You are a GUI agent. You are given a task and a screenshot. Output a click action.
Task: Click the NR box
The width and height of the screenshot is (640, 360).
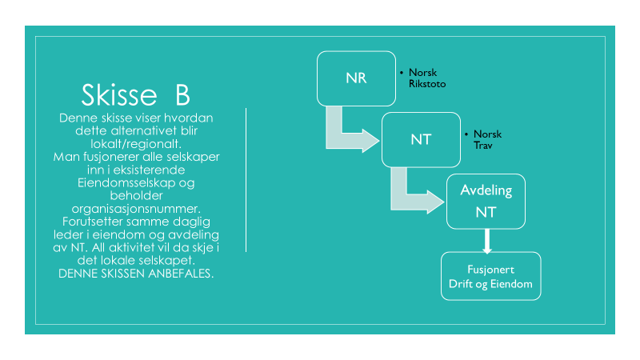(356, 78)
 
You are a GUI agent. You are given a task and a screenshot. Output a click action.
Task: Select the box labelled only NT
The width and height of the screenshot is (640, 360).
(421, 139)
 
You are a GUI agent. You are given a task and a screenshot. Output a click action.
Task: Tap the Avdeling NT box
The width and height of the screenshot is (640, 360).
(486, 202)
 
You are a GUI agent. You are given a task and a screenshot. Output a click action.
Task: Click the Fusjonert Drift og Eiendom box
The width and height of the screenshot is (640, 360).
(490, 276)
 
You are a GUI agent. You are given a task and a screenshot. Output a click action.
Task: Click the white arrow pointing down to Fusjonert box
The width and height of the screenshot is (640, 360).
(486, 242)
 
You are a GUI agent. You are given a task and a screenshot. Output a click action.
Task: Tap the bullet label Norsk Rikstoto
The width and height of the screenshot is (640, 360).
(427, 78)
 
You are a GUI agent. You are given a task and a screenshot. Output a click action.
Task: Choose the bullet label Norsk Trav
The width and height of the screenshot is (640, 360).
(487, 139)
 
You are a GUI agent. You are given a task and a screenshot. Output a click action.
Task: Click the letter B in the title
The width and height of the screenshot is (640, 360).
(183, 95)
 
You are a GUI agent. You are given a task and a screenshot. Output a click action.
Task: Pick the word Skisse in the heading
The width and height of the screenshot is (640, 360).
(119, 94)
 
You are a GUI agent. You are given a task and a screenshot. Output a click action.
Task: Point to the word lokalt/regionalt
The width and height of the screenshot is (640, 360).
(136, 144)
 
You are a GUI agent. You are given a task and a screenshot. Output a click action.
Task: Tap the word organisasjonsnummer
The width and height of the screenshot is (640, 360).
(136, 209)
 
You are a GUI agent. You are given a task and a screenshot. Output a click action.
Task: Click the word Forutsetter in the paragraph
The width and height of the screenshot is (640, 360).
(92, 222)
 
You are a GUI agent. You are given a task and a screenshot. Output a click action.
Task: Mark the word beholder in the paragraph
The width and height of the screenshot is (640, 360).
(136, 195)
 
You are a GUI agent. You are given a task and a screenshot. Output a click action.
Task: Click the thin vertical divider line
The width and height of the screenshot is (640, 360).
(246, 180)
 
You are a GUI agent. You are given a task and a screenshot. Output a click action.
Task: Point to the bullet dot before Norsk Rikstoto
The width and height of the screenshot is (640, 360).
(402, 73)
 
